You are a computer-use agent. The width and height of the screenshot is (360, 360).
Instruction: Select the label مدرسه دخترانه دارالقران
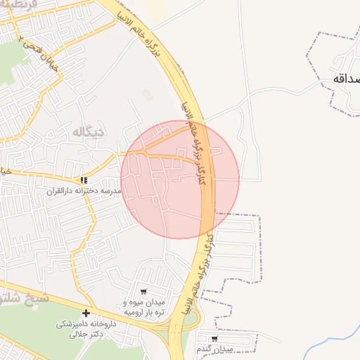84,191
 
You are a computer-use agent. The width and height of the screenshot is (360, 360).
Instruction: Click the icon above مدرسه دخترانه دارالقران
84,181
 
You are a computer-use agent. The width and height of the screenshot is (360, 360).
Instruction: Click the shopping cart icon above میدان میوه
143,292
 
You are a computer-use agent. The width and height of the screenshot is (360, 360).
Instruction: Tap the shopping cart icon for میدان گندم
214,339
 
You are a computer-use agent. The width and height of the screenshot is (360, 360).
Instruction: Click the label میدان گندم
214,349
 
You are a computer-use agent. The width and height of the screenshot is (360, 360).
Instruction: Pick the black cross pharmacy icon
86,313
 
